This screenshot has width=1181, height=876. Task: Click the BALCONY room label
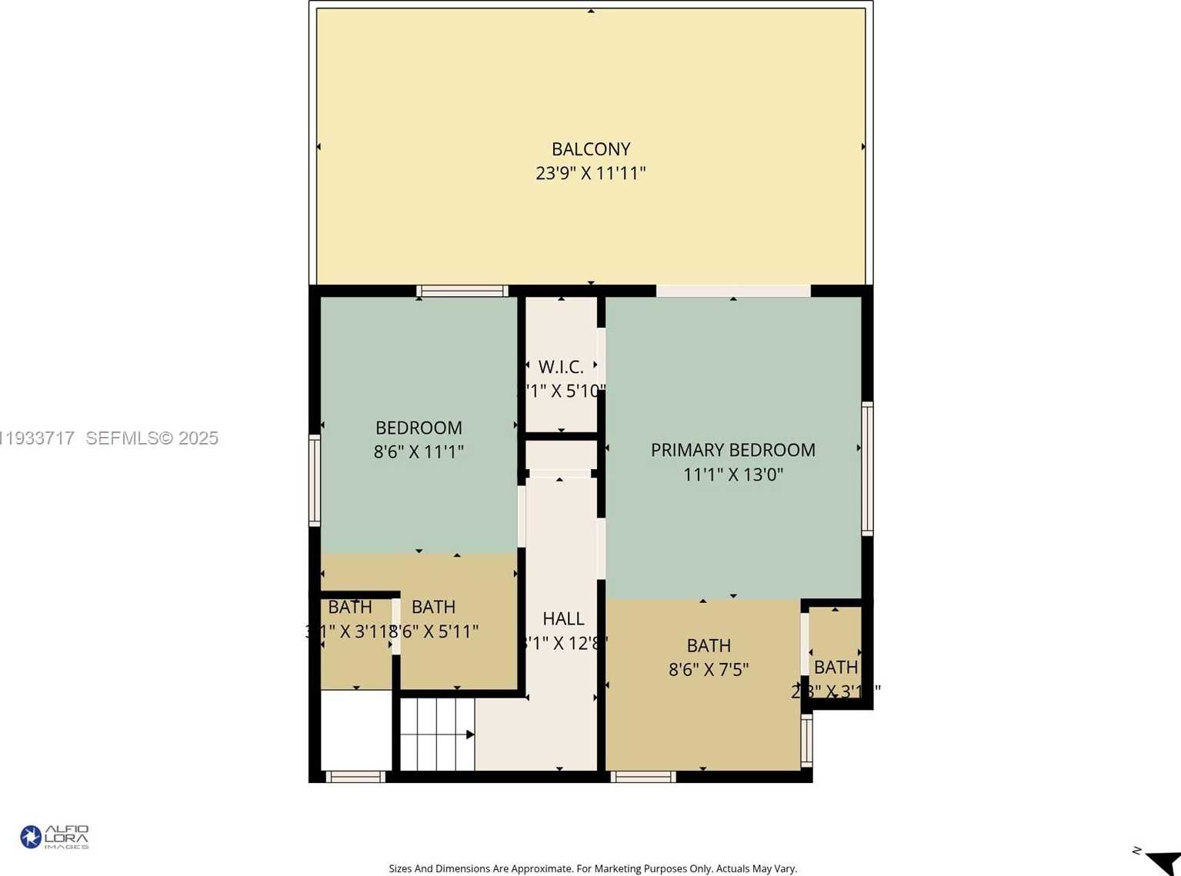coord(590,149)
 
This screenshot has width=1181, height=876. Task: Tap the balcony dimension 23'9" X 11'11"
coord(590,173)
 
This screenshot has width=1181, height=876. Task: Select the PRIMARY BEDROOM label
coord(732,450)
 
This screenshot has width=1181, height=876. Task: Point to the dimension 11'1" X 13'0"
coord(732,475)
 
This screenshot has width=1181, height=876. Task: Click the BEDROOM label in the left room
coord(419,428)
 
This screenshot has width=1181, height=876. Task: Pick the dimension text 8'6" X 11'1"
coord(419,451)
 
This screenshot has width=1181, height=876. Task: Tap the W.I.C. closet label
coord(561,367)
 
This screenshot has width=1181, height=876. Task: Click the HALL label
coord(563,618)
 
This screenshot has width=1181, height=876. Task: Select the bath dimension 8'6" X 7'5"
coord(708,670)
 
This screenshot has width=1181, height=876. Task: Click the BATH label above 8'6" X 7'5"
coord(708,645)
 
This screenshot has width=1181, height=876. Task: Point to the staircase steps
coord(435,734)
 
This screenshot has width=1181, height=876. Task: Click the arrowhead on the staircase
coord(470,734)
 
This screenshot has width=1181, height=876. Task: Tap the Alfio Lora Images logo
coord(55,837)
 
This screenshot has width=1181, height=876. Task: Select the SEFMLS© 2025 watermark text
coord(152,438)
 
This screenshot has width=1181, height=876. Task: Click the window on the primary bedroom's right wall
coord(867,468)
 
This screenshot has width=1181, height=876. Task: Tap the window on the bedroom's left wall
coord(315,481)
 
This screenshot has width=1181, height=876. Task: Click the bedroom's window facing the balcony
coord(462,291)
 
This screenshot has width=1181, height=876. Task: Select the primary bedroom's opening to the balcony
coord(732,291)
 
